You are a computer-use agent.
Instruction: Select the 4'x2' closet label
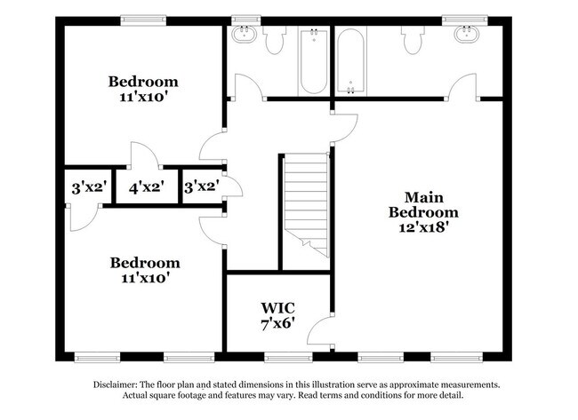(146, 188)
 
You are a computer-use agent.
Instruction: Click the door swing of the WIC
(318, 335)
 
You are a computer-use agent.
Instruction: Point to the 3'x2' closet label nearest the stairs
(201, 188)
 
